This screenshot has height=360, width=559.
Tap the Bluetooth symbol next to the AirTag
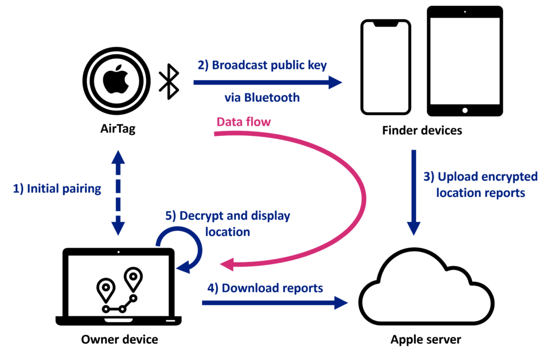click(169, 82)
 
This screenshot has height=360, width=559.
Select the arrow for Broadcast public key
click(267, 83)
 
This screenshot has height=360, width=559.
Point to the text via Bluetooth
click(262, 98)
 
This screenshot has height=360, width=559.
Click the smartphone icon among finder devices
click(385, 68)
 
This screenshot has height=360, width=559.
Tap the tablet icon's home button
click(465, 110)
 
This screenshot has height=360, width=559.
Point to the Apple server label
click(426, 340)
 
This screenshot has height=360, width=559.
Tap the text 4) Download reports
click(265, 287)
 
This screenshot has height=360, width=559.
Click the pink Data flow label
click(243, 122)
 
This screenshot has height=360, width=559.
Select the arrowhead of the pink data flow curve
click(227, 265)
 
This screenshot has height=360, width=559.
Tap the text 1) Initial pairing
click(57, 189)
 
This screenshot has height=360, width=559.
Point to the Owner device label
click(120, 340)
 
